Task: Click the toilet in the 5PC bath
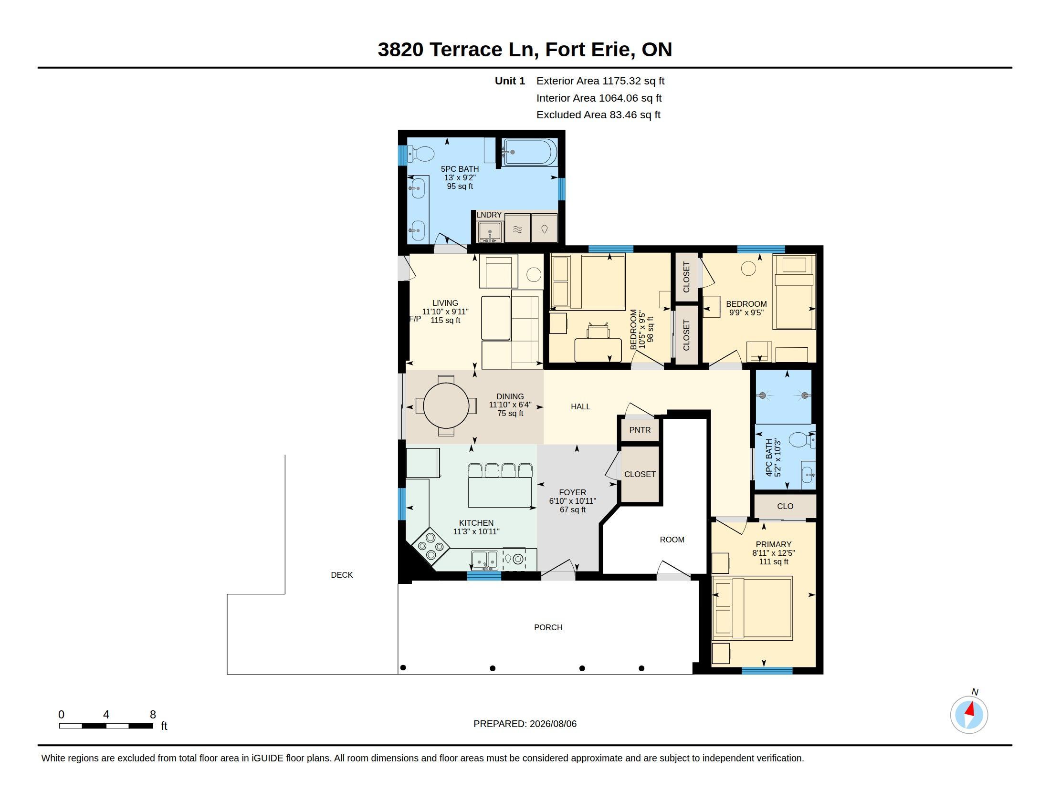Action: [421, 154]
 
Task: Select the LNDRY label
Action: [489, 215]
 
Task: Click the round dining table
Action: [446, 405]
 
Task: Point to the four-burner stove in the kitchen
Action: [431, 546]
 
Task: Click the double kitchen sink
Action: [484, 560]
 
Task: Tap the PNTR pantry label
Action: [640, 430]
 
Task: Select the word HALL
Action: [580, 406]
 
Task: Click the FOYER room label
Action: [573, 492]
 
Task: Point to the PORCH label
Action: [548, 627]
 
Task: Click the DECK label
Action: [342, 575]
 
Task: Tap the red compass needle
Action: [970, 708]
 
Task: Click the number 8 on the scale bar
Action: [153, 715]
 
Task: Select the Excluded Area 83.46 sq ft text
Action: [598, 115]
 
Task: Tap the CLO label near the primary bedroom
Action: [785, 506]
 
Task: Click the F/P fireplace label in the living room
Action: [415, 319]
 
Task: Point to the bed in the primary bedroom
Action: [752, 608]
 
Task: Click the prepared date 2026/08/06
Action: [553, 724]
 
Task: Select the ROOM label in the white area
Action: [672, 540]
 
